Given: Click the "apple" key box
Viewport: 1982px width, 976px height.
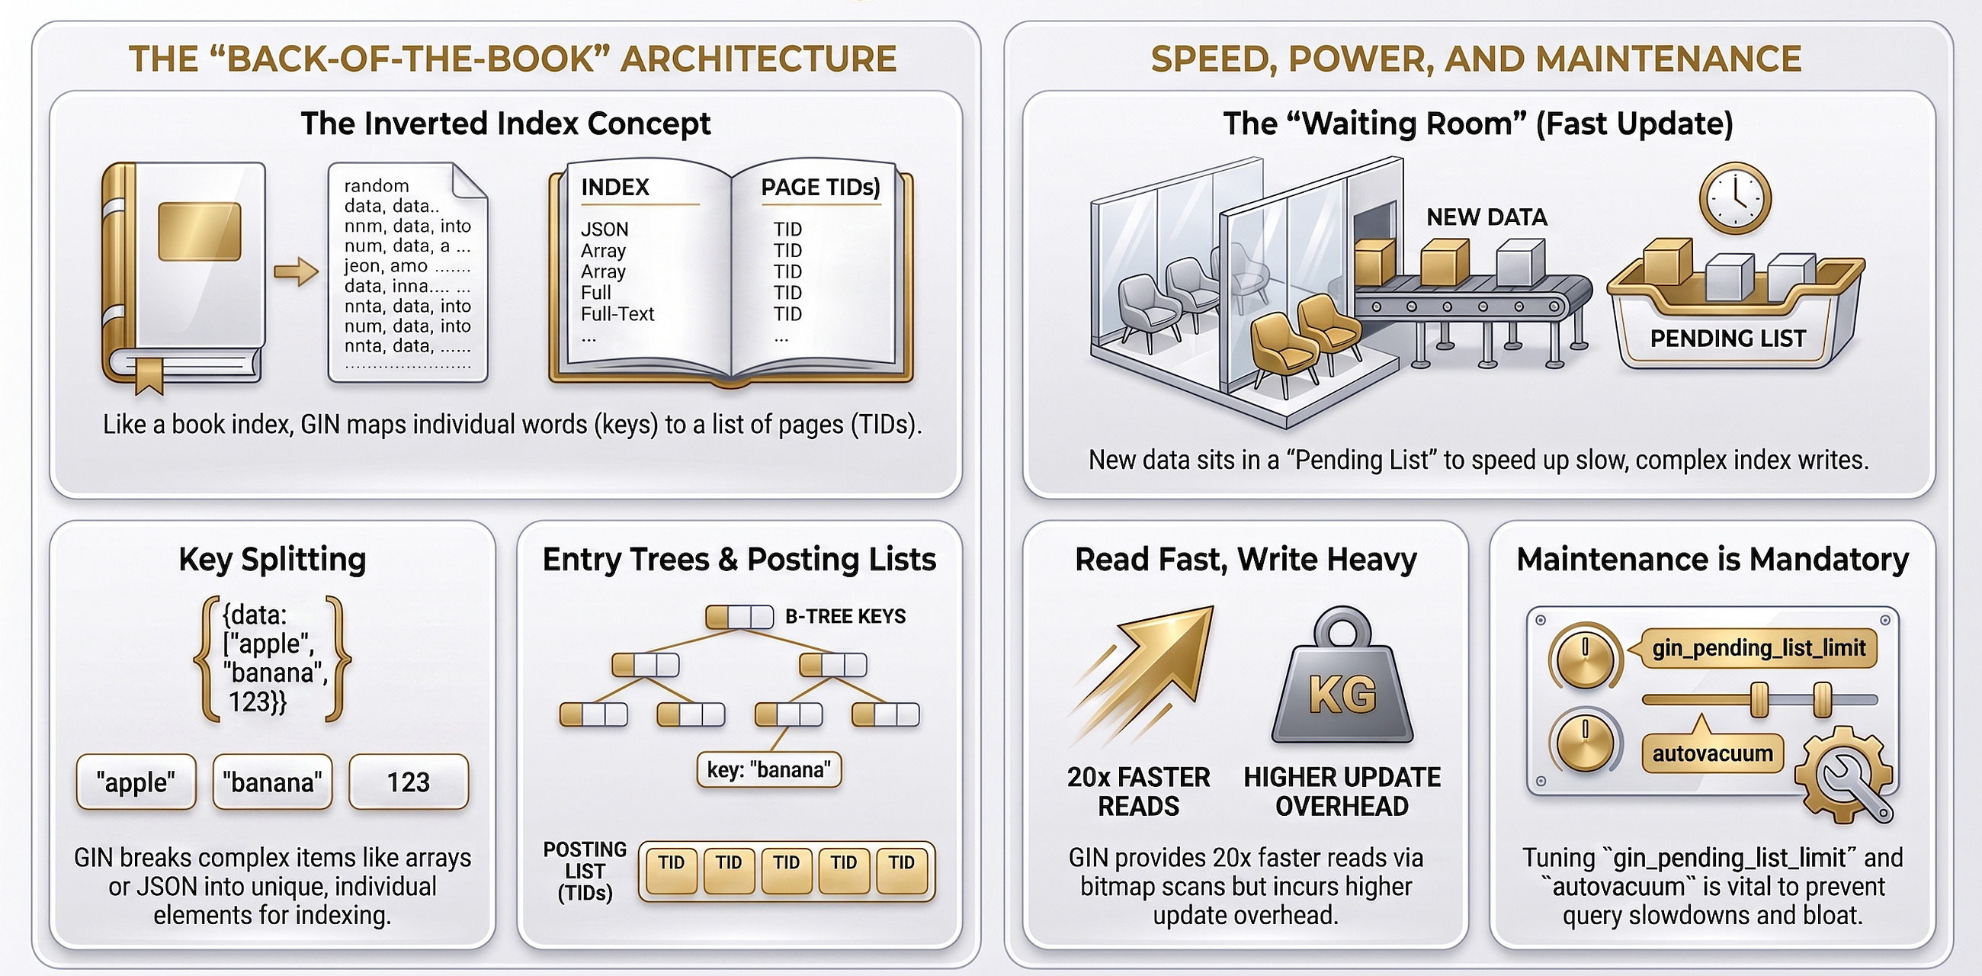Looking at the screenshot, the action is pos(136,782).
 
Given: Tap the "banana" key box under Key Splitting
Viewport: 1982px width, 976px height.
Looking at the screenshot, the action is pos(272,782).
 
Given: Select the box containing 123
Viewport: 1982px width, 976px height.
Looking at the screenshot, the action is pos(409,782).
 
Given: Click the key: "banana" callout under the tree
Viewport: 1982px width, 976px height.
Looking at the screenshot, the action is pos(768,769).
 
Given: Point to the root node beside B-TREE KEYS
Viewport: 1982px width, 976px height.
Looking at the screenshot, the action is pos(739,617).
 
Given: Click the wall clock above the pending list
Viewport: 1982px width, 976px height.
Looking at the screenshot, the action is pos(1735,197).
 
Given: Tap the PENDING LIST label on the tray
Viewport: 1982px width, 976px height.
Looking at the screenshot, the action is pos(1727,339).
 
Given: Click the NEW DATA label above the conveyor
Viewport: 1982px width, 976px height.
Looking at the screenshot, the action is pos(1486,217).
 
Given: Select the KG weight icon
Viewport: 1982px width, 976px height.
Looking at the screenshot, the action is pos(1342,675).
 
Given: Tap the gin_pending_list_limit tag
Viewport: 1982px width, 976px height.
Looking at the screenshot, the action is pos(1759,647).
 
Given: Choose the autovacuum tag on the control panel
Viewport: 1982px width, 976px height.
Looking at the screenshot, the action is pos(1713,753).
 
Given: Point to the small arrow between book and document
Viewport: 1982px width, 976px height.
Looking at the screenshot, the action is pos(297,271).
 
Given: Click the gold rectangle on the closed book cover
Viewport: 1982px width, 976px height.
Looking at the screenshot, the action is pos(199,232).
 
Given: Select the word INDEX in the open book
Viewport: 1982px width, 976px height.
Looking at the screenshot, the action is pos(614,187).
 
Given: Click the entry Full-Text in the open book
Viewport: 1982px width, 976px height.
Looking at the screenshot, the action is pos(617,314).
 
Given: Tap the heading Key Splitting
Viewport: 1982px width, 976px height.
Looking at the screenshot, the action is pos(272,559).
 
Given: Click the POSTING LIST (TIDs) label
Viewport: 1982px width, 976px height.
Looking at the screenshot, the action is pos(585,872).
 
